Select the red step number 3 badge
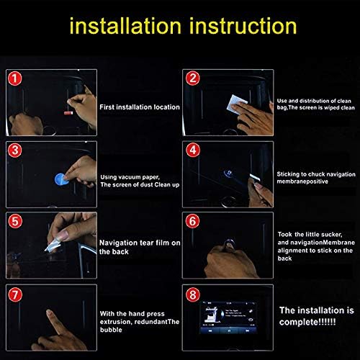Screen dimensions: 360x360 (15, 150)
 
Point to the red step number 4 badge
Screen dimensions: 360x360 (193, 150)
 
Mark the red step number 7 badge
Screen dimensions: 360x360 (15, 293)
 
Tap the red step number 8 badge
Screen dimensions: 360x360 (193, 293)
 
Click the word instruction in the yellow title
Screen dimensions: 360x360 (244, 27)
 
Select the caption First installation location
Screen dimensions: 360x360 (140, 106)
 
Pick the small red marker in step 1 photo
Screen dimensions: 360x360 (70, 112)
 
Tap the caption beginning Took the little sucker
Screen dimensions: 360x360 (314, 245)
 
